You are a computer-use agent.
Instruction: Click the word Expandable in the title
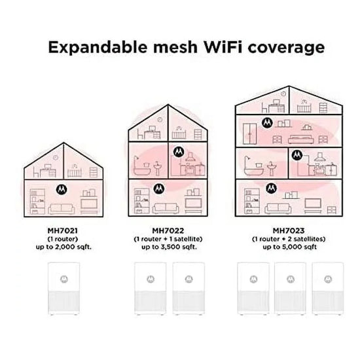pos(98,47)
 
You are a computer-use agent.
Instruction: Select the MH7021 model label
pos(63,230)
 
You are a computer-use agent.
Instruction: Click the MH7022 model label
pos(168,230)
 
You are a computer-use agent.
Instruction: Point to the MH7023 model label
pos(289,230)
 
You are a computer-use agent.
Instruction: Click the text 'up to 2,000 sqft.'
pos(63,247)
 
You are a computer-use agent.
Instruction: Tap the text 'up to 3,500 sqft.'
pos(170,247)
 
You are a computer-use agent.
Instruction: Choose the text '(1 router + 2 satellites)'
pos(289,239)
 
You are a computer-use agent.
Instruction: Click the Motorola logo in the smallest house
pos(62,189)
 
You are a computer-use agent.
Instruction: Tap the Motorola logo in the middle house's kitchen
pos(179,152)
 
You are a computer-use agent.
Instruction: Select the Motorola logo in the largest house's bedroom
pos(267,123)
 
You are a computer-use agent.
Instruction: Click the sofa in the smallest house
pos(62,209)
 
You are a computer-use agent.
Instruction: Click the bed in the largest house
pos(301,139)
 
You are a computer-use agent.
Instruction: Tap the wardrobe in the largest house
pos(249,134)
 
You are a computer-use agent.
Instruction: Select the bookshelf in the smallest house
pos(37,202)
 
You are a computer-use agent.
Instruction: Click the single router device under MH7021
pos(64,289)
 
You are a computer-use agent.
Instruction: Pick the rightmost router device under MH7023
pos(328,289)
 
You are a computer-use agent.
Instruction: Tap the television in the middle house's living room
pos(193,204)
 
